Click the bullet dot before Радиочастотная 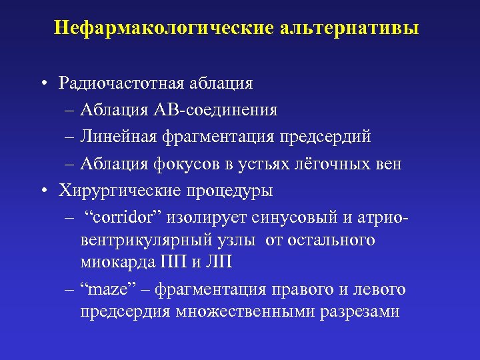43,83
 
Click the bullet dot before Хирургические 43,190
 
